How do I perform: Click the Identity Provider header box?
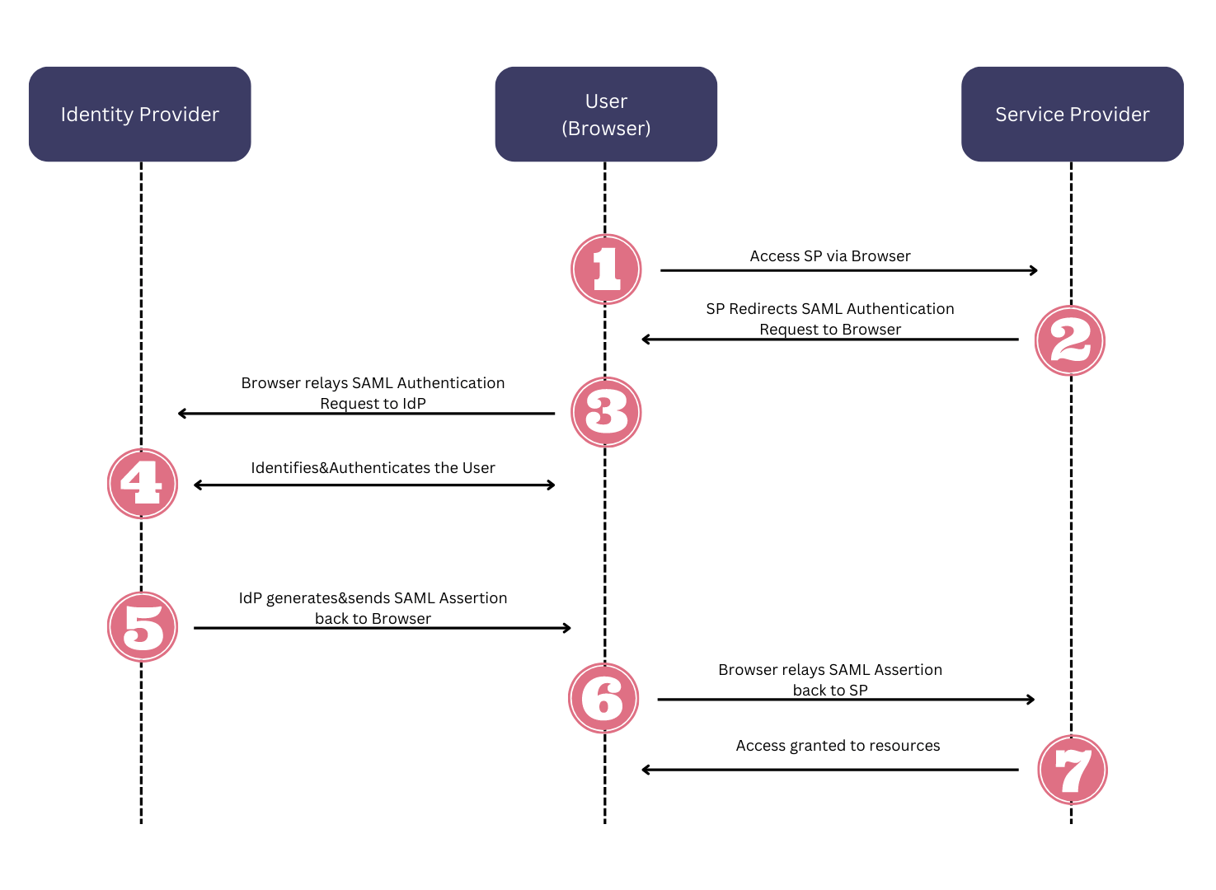click(139, 114)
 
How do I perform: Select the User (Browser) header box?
click(606, 114)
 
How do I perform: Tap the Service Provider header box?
click(1072, 114)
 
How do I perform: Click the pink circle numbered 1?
click(606, 269)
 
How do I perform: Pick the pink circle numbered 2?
click(1069, 340)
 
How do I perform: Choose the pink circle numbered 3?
click(606, 412)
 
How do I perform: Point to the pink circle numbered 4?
click(143, 484)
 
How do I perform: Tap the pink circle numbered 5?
click(143, 627)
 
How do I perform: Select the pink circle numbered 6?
click(603, 698)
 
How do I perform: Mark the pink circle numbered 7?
click(1072, 770)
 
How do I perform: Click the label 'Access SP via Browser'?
click(829, 256)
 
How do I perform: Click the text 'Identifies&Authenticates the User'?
click(373, 468)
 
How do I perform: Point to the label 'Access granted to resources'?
click(838, 746)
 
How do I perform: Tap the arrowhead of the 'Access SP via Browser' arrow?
click(1034, 270)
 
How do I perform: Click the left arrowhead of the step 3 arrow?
click(182, 413)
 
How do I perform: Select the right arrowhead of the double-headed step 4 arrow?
click(552, 485)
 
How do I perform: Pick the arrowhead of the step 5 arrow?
click(567, 628)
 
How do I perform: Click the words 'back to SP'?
click(829, 691)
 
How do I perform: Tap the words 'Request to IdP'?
click(373, 404)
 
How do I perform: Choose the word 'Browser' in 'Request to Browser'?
click(872, 330)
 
